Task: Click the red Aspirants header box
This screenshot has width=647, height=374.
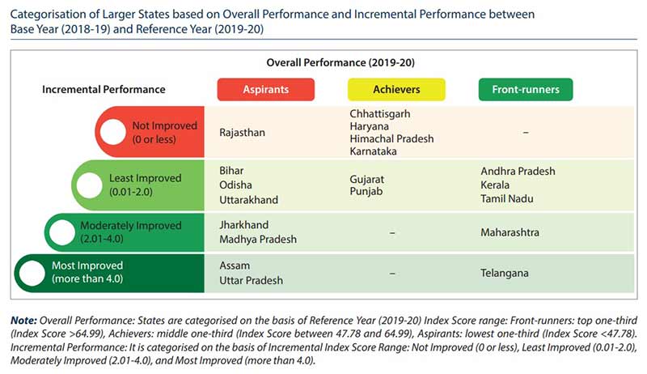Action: coord(266,89)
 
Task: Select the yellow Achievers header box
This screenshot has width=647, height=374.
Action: coord(395,89)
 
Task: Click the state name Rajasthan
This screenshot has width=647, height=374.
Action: coord(242,132)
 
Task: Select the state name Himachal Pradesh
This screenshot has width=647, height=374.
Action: coord(391,138)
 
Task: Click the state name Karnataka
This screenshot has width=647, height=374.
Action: coord(373,151)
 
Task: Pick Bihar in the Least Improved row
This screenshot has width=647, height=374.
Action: coord(231,172)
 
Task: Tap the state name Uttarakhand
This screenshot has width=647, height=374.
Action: coord(249,199)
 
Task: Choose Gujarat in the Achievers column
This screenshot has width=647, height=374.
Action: coord(367,178)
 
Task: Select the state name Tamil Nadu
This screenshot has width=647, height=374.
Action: coord(507,198)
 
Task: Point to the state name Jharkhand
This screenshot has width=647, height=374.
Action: coord(244,225)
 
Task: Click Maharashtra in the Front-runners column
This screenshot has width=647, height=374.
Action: coord(510,232)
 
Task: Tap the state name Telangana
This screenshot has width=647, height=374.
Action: coord(505,273)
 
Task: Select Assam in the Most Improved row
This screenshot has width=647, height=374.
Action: coord(235,266)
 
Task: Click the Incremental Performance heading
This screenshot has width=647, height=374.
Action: coord(104,90)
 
